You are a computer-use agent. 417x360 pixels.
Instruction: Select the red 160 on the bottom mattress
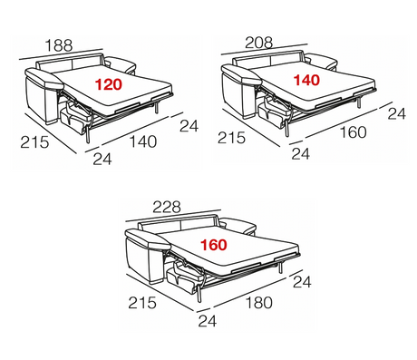click(x=214, y=243)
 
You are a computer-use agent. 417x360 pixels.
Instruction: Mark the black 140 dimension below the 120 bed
click(x=143, y=141)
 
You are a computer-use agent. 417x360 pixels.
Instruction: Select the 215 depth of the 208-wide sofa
click(x=233, y=139)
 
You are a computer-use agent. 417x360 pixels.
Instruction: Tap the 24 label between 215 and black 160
click(x=301, y=155)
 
